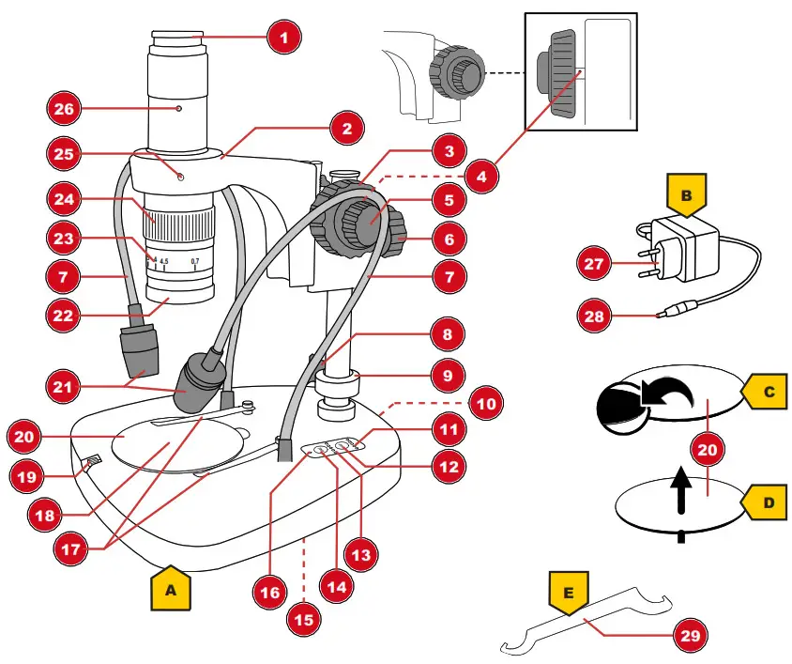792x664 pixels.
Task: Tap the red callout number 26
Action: point(64,108)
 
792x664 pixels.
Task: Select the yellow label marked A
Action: point(171,590)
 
